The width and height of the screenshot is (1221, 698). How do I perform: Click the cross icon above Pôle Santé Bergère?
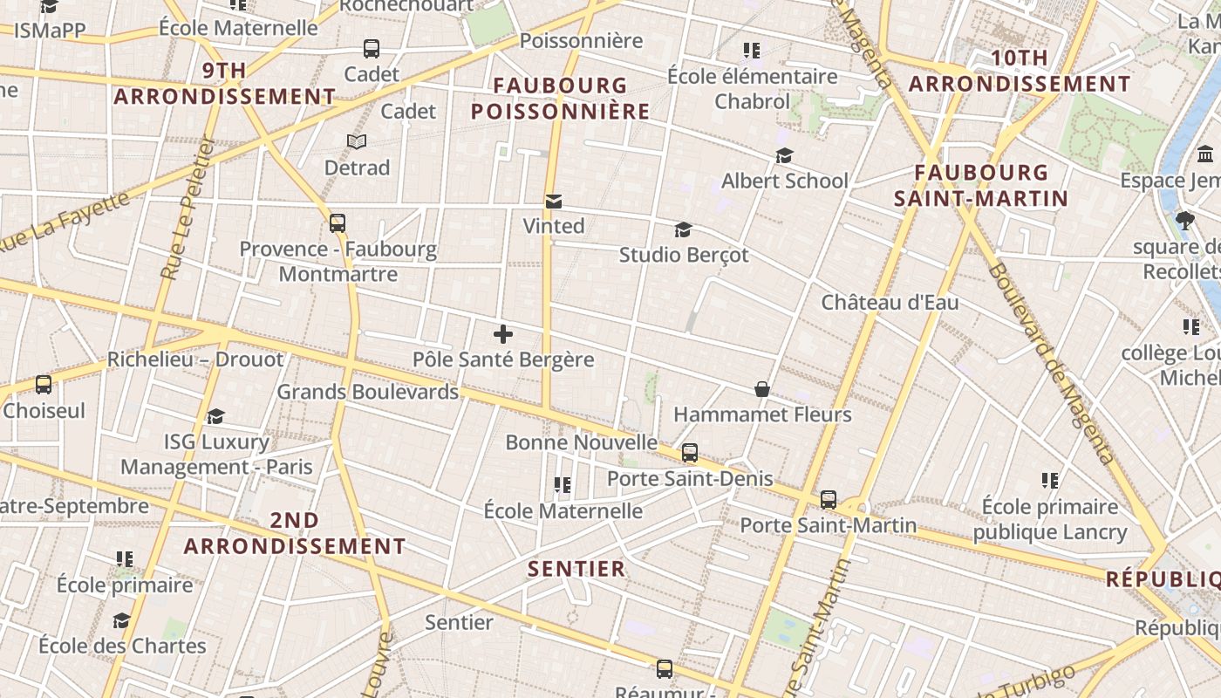503,334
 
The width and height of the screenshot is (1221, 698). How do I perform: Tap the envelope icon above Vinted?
553,202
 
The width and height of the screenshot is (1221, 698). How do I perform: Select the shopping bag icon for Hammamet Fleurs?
762,389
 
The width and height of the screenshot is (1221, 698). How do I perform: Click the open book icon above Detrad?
357,141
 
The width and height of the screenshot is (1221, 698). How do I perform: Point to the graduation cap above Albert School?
784,156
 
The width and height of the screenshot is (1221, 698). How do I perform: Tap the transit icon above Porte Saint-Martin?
829,500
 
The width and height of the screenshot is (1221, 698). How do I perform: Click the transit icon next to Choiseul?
43,385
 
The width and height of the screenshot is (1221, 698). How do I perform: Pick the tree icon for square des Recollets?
1184,221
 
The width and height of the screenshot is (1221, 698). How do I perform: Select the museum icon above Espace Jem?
1206,154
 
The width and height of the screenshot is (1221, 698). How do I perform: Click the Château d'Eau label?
890,303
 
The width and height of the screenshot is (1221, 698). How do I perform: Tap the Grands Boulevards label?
367,392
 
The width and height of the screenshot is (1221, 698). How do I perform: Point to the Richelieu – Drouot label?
195,359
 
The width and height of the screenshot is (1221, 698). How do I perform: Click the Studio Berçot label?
684,255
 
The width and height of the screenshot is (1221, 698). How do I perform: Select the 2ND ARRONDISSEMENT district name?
295,533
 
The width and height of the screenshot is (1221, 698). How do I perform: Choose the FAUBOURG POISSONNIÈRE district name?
561,99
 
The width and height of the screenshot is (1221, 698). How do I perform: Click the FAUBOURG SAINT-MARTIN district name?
981,185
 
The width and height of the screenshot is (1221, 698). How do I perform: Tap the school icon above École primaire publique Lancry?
1050,481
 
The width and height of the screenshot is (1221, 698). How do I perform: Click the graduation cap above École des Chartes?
121,620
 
